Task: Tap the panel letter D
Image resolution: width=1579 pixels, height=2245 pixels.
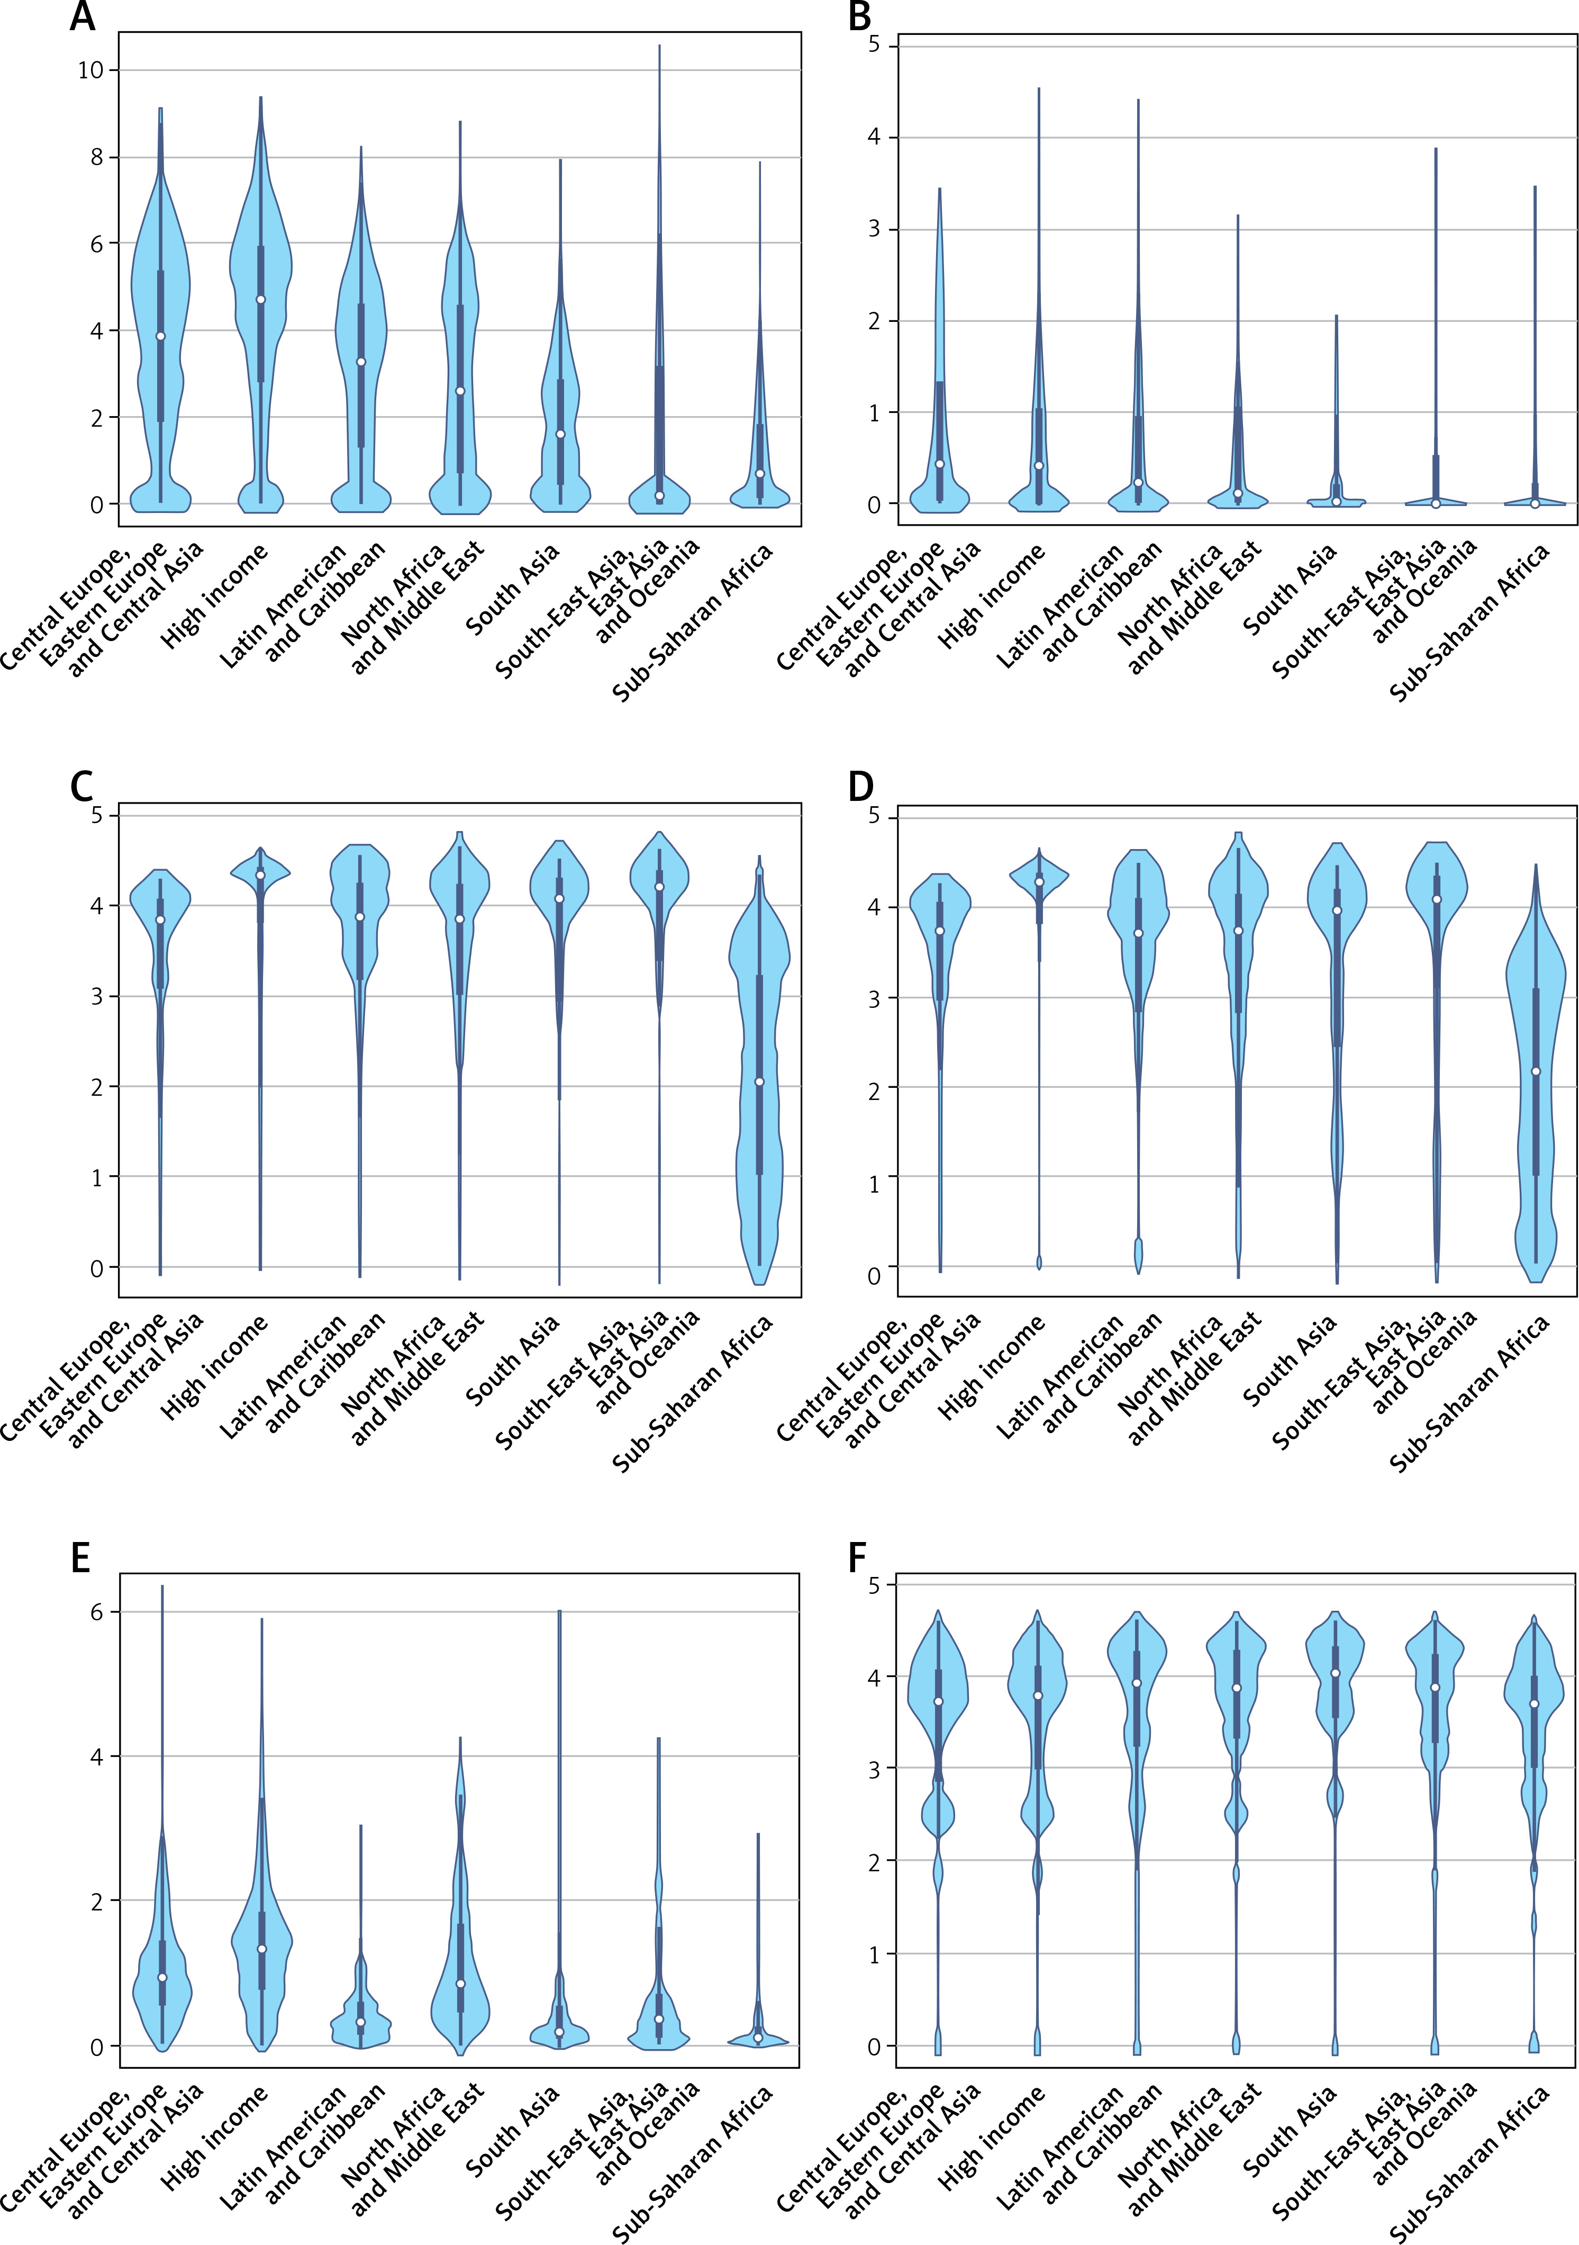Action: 860,787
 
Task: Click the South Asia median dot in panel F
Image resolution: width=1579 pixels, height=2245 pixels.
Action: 1336,1673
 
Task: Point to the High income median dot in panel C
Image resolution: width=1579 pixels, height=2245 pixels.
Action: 260,875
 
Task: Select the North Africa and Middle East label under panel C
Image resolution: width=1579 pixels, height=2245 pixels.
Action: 411,1378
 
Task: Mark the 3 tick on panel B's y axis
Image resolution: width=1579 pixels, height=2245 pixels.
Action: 873,229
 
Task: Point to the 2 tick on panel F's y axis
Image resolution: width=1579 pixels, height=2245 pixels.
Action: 873,1861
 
